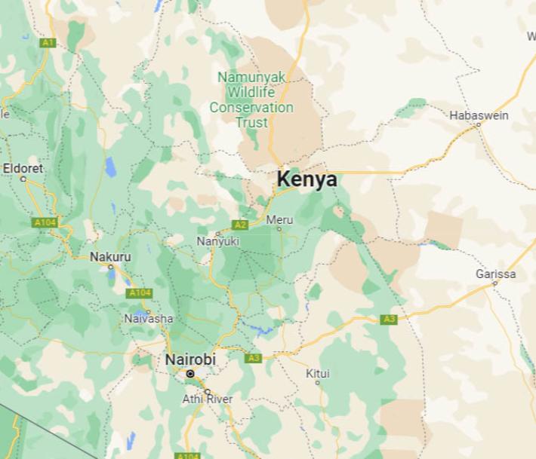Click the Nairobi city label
click(x=190, y=360)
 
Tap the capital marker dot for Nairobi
click(x=190, y=373)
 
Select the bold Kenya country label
click(x=307, y=180)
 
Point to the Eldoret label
click(x=23, y=167)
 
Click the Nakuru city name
click(x=110, y=256)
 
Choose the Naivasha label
click(x=148, y=319)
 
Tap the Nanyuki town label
click(x=217, y=241)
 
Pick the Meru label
click(x=279, y=219)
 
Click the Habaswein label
click(x=479, y=115)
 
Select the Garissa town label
click(x=496, y=274)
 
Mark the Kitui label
click(x=318, y=373)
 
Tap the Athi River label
click(x=208, y=399)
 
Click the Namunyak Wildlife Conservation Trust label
click(x=251, y=99)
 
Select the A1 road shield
click(x=48, y=43)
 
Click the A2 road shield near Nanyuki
click(x=240, y=225)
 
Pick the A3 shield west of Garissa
click(x=389, y=320)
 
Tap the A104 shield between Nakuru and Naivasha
click(x=140, y=292)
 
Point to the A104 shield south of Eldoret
click(x=46, y=222)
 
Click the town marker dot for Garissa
click(x=495, y=283)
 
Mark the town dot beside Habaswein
click(x=479, y=125)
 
